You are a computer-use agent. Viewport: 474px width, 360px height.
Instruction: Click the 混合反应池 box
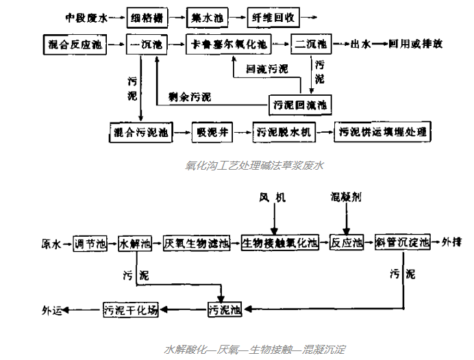(x=75, y=44)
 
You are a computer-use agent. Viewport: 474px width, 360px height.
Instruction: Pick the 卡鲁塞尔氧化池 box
(x=229, y=45)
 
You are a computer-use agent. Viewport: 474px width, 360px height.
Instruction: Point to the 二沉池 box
(x=310, y=45)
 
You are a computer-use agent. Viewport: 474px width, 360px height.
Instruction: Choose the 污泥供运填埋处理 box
(x=382, y=131)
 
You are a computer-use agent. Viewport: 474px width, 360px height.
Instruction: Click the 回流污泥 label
(x=267, y=69)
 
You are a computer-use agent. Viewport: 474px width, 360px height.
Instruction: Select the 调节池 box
(x=91, y=243)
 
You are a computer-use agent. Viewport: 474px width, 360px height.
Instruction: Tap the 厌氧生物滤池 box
(x=199, y=243)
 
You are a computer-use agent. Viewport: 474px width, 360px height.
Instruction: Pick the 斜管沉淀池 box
(x=402, y=243)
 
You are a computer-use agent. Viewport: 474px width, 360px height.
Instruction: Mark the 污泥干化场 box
(x=131, y=309)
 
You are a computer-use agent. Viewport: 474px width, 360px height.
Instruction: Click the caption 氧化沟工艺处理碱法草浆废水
(x=254, y=165)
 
